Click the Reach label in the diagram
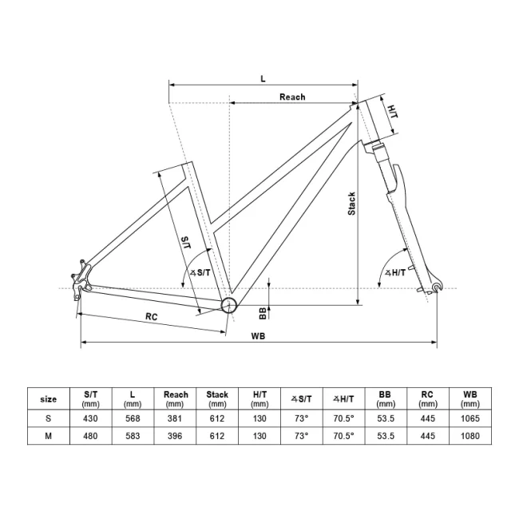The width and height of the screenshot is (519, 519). point(292,97)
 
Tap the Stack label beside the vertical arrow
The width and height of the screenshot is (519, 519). point(351,204)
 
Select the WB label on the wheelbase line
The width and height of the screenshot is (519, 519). point(257,336)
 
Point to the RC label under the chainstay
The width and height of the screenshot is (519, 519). point(151,316)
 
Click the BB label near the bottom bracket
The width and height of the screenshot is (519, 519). point(262,312)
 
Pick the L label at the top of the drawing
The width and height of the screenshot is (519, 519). point(263,78)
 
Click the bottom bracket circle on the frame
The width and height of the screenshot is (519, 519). point(230,305)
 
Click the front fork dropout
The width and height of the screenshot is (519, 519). point(434,289)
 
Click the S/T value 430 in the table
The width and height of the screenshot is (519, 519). point(90,418)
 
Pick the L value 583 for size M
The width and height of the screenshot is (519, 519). point(133,436)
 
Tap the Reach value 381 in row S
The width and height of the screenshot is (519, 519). point(175,418)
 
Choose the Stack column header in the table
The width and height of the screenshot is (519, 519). point(217,398)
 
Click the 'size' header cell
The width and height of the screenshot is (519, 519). point(48,398)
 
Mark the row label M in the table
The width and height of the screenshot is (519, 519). point(48,436)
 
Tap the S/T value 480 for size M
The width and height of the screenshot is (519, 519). point(90,436)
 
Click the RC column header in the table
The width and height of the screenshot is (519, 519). point(427,398)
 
